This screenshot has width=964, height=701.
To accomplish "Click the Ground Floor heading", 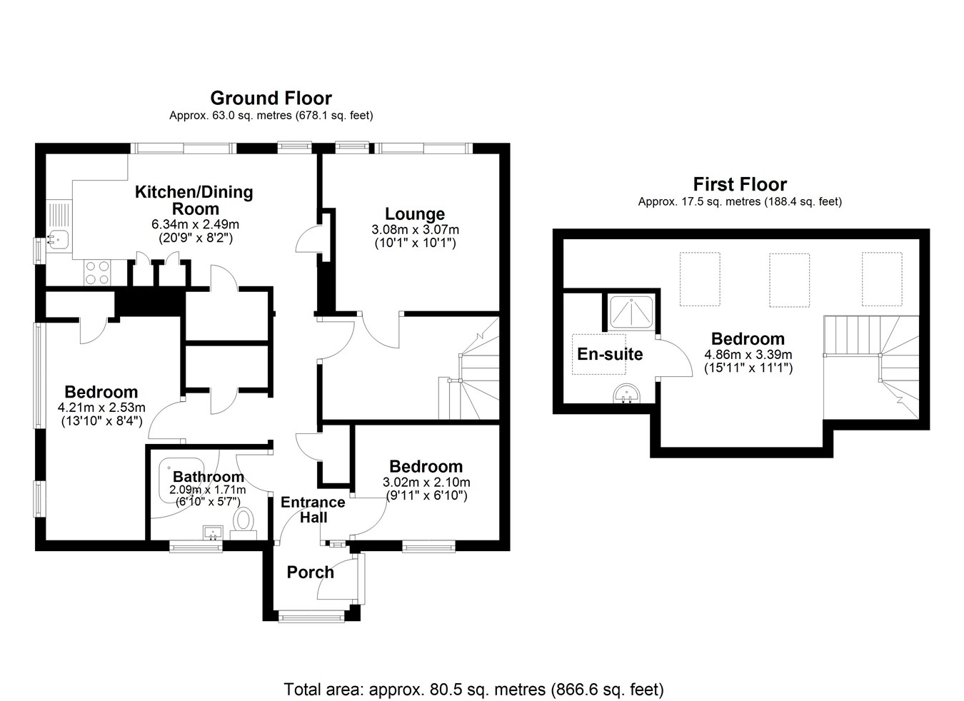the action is [x=271, y=98].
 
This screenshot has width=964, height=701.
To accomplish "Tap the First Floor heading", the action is [x=740, y=185].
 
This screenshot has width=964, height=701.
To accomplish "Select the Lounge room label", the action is [x=415, y=214].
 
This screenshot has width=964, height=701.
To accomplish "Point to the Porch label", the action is [x=311, y=573].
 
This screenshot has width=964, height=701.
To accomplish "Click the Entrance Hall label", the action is [x=313, y=510].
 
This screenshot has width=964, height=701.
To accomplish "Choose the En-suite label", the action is [x=610, y=354].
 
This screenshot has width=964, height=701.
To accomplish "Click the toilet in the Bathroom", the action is [x=244, y=523].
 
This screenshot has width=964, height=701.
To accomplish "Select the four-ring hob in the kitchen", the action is [x=97, y=273].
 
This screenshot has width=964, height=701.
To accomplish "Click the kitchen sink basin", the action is [x=57, y=240].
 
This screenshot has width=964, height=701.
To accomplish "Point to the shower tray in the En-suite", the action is [x=631, y=313].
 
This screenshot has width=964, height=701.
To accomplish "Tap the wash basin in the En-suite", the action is [x=627, y=394].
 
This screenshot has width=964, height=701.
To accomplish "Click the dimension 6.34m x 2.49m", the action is [x=195, y=224].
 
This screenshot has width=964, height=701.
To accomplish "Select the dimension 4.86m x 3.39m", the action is [x=748, y=355].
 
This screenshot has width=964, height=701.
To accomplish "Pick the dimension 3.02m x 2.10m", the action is [x=426, y=483].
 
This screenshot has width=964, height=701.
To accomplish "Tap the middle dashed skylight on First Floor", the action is [x=789, y=280].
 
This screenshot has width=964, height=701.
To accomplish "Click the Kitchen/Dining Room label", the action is [x=194, y=200].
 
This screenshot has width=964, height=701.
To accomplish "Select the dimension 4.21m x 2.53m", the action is [x=101, y=407].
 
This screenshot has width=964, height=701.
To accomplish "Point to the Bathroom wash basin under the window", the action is [x=213, y=533].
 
